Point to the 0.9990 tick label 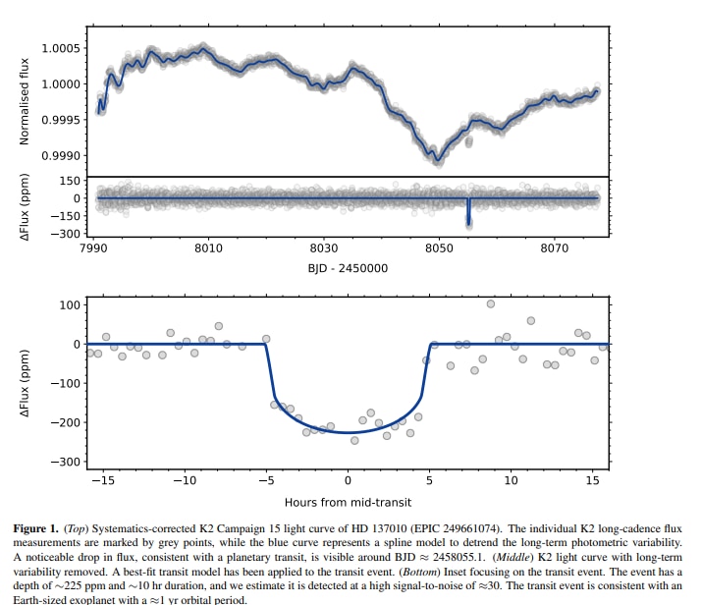(60, 156)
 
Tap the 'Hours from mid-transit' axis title (347, 502)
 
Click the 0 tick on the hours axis (348, 481)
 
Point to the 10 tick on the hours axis (511, 481)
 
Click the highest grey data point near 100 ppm (491, 303)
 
